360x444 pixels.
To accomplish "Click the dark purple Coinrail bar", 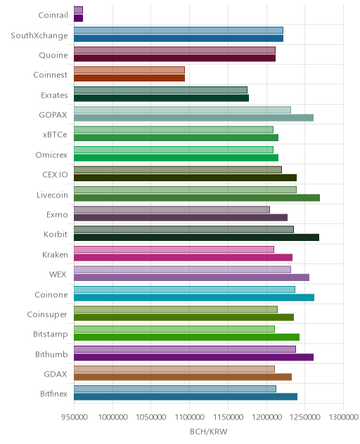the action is [78, 18].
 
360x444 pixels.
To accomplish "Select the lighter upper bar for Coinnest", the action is [129, 70].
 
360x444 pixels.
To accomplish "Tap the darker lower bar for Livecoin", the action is [197, 197].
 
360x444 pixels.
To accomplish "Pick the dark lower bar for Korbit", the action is [196, 237].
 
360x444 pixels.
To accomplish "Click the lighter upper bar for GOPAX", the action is [182, 110].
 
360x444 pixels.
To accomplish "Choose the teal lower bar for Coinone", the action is [194, 297].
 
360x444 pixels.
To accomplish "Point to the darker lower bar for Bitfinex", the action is [186, 397].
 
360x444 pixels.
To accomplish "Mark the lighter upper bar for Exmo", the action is [172, 209].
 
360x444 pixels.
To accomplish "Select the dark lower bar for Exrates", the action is [161, 98].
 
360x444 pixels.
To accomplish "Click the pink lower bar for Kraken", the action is [183, 257].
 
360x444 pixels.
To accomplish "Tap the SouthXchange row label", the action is [39, 35].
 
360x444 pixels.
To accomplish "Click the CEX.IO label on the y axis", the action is [56, 174].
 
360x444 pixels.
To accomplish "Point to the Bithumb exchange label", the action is [51, 354].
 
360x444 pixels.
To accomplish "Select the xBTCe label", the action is [55, 134].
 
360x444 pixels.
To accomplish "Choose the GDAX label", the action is [56, 374].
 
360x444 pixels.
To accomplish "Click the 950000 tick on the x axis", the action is [75, 417].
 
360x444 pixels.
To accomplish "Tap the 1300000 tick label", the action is [344, 417].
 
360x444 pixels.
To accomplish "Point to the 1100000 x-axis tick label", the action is [190, 417].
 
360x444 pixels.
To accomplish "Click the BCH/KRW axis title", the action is [209, 431].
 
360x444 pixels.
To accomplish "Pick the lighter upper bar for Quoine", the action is [174, 50].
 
